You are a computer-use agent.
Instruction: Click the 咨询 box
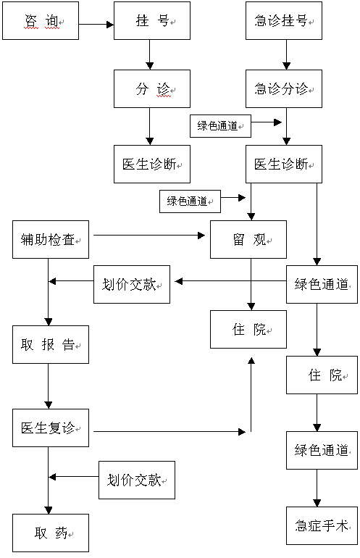pos(41,20)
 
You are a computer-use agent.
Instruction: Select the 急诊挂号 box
pos(284,20)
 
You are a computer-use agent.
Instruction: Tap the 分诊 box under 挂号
pos(152,88)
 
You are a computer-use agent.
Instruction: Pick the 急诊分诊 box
pos(284,88)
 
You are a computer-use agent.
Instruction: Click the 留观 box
pos(248,239)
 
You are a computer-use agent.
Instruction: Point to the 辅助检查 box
pos(51,239)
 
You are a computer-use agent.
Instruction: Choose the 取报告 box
pos(51,344)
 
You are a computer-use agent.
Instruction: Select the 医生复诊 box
pos(51,428)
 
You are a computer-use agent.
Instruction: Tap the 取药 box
pos(51,533)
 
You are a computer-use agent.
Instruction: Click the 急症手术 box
pos(322,525)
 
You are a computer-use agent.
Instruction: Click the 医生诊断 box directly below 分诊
pos(152,164)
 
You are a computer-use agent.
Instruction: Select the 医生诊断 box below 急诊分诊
pos(284,164)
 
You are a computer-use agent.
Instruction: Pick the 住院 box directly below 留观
pos(248,329)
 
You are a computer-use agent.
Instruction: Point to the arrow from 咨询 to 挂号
pos(96,25)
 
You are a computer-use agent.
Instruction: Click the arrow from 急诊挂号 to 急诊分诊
pos(286,55)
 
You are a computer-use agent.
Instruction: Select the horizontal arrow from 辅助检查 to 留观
pos(149,235)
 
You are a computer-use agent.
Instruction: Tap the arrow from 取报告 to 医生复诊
pos(49,386)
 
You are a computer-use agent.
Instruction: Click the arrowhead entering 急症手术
pos(317,503)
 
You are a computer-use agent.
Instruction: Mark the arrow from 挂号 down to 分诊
pos(150,55)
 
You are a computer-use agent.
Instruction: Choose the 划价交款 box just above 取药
pos(137,480)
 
